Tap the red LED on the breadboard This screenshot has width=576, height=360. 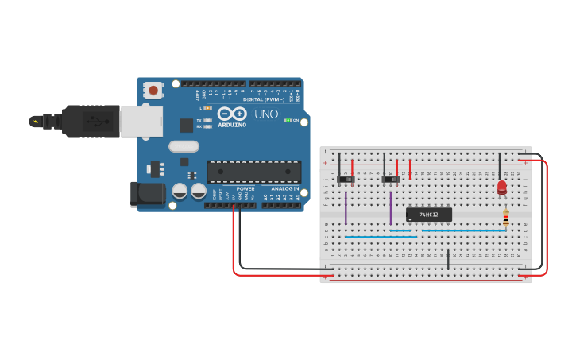pyautogui.click(x=501, y=188)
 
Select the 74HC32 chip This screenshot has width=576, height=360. pyautogui.click(x=429, y=215)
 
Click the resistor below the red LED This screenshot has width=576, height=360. pyautogui.click(x=506, y=218)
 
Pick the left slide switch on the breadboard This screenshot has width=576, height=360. pyautogui.click(x=346, y=180)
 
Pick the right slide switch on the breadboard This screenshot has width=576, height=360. pyautogui.click(x=390, y=180)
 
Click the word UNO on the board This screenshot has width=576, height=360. pyautogui.click(x=266, y=114)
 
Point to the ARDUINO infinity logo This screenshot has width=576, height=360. pyautogui.click(x=232, y=114)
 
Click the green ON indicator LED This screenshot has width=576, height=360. pyautogui.click(x=288, y=120)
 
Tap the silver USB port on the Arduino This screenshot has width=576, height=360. pyautogui.click(x=141, y=122)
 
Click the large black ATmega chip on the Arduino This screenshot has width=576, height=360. pyautogui.click(x=254, y=172)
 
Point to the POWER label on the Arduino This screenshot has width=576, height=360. pyautogui.click(x=245, y=188)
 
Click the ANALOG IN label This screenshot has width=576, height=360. pyautogui.click(x=284, y=188)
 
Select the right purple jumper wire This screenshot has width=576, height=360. pyautogui.click(x=391, y=207)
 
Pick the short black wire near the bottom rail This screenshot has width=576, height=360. pyautogui.click(x=448, y=259)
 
